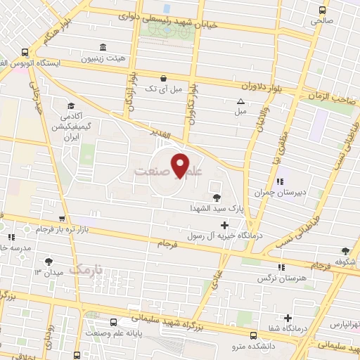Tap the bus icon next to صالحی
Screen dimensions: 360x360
[322, 11]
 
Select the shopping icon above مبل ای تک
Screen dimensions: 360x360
[164, 78]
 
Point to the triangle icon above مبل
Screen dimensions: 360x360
[240, 101]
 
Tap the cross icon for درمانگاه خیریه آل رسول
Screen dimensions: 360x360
[224, 226]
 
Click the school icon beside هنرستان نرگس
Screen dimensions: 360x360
[281, 267]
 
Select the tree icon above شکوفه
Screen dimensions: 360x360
[345, 250]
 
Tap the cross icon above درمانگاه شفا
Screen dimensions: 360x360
[288, 318]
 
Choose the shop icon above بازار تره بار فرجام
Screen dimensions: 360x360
[63, 219]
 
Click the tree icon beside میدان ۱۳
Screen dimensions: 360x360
[48, 262]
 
